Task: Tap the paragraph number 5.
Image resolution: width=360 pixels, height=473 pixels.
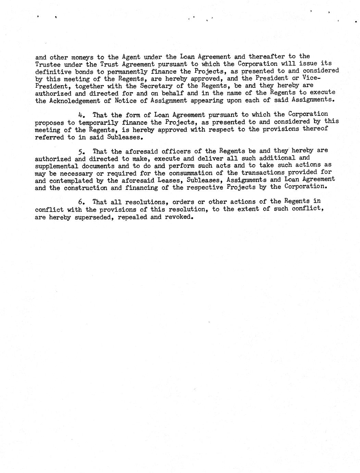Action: click(82, 151)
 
